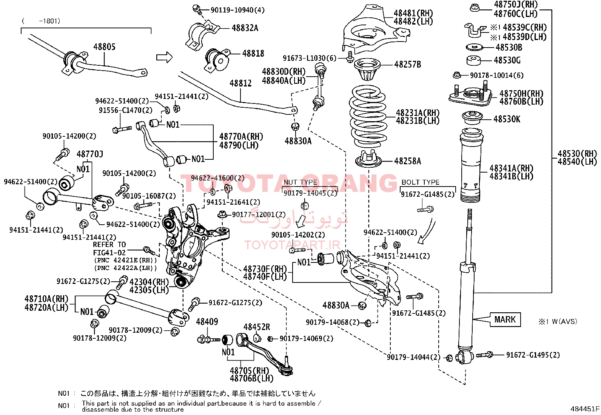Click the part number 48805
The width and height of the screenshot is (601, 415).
(x=104, y=47)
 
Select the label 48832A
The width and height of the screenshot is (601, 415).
(x=245, y=28)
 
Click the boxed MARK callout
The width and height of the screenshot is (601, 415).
(x=505, y=320)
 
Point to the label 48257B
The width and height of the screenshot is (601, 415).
(x=407, y=65)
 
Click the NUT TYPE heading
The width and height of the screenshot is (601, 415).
(x=300, y=182)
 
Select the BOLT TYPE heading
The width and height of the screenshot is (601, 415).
(x=420, y=182)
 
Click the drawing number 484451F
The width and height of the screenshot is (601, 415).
(x=585, y=409)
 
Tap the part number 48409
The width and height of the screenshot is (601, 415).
(x=207, y=322)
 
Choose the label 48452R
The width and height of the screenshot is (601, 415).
(x=257, y=327)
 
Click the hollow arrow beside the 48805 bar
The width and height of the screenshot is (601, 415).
(x=164, y=57)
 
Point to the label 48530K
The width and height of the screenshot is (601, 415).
(x=507, y=119)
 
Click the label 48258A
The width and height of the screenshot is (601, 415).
(x=407, y=161)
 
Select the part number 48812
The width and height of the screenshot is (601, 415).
(x=240, y=83)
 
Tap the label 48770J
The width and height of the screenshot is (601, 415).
(x=89, y=154)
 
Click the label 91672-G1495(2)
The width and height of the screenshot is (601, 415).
(x=533, y=355)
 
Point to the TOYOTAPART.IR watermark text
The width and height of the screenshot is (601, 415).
(x=292, y=245)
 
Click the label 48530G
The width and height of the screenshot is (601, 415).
(x=507, y=60)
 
